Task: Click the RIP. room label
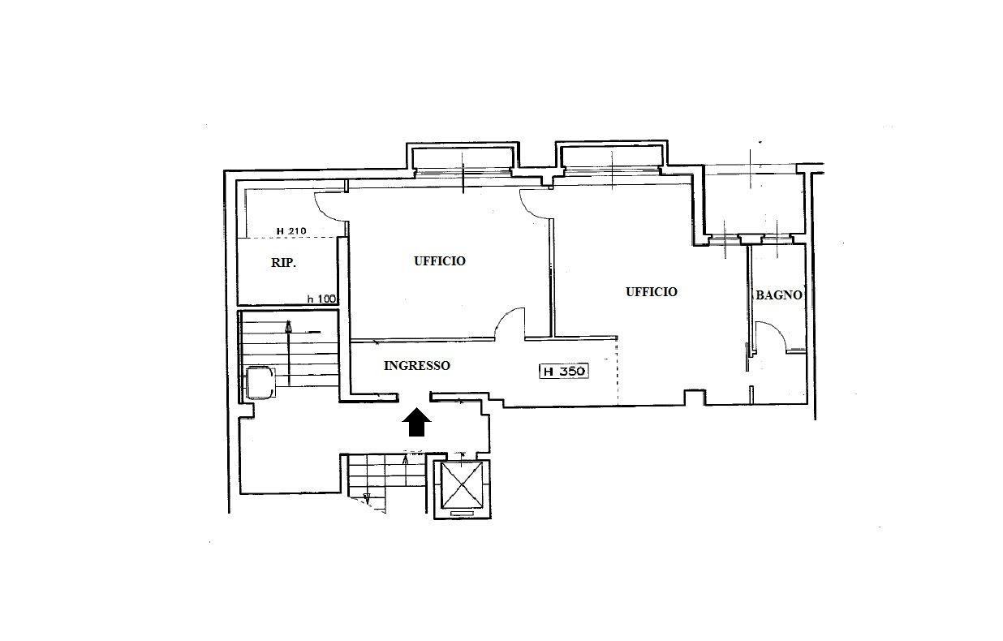pos(283,263)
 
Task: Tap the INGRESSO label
pos(417,366)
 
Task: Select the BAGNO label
pos(779,295)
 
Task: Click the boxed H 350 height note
pos(564,371)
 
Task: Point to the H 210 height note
pos(291,231)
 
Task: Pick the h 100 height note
pos(321,299)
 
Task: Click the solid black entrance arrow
pos(416,422)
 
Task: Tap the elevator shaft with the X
pos(462,485)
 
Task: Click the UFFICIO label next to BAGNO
pos(652,292)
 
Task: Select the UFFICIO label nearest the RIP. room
pos(440,261)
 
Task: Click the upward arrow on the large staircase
pos(289,353)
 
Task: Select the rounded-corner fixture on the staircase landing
pos(260,382)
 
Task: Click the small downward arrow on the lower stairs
pos(367,496)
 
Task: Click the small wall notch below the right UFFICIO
pos(695,397)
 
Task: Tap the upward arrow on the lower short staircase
pos(406,471)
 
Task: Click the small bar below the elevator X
pos(462,514)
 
